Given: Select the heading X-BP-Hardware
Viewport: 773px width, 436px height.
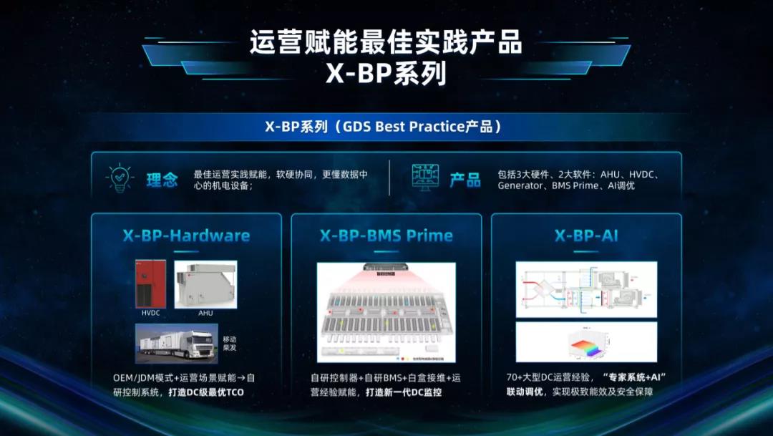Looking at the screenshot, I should point(186,236).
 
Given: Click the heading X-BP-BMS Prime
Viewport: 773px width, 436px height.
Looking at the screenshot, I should point(386,236).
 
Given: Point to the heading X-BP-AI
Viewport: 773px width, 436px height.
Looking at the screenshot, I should point(586,236).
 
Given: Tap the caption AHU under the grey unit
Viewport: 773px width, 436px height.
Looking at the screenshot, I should point(205,313).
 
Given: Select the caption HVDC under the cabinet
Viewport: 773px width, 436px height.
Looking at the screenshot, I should point(150,313).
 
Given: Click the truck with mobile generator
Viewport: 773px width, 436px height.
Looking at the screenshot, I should point(176,344).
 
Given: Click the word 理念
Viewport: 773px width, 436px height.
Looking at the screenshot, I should point(162,179).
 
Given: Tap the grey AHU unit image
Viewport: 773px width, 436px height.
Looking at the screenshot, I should point(205,284).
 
